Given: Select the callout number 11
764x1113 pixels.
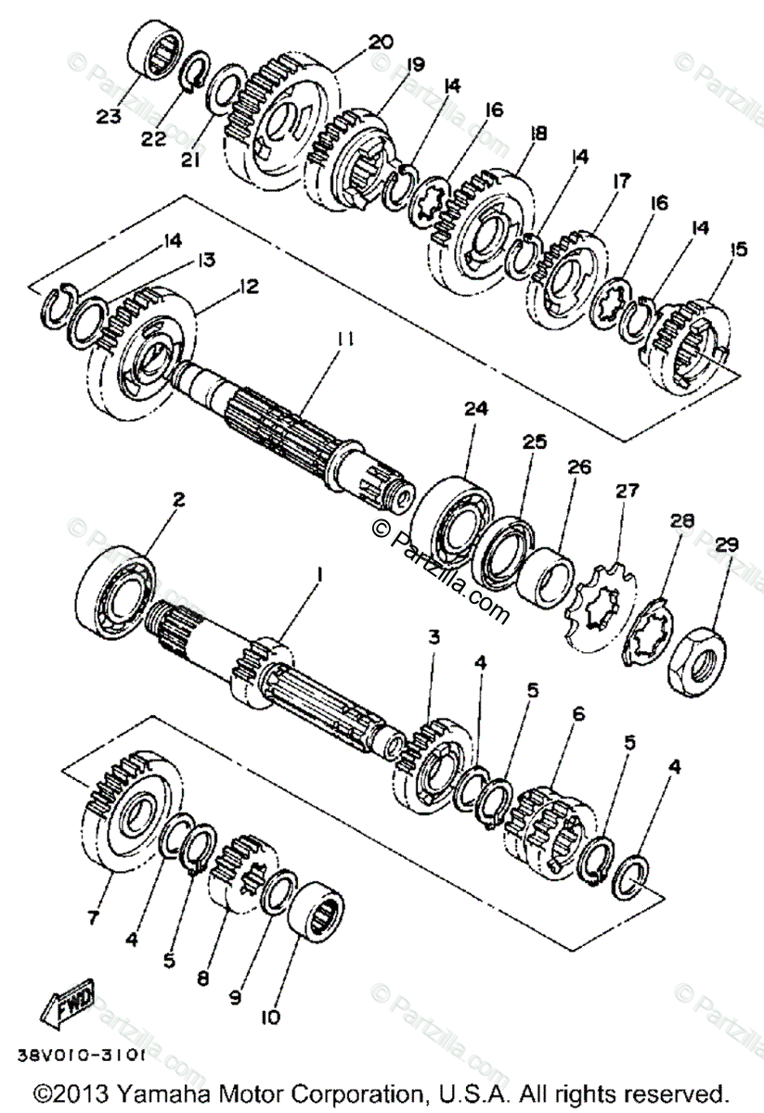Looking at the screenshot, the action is (x=344, y=340).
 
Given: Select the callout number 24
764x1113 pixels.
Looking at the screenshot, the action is (x=476, y=408).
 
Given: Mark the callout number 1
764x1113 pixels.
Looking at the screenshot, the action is (x=318, y=576).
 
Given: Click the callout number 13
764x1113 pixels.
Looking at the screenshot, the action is (x=205, y=261).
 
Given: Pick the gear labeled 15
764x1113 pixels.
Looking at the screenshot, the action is (x=692, y=339).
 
